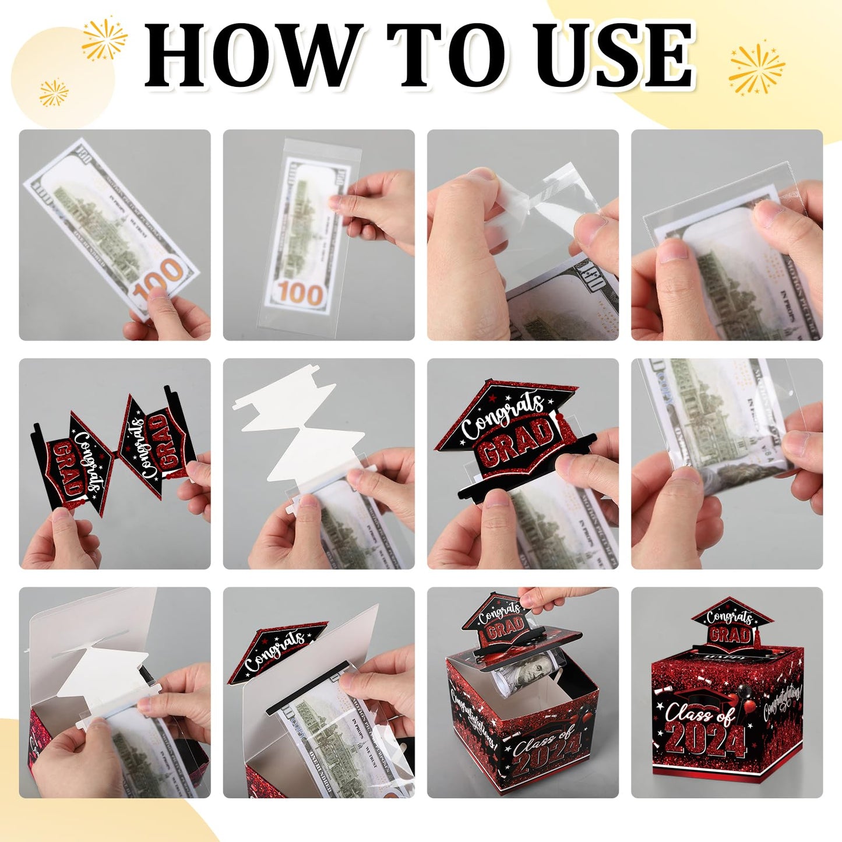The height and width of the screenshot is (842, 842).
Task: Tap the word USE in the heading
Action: [x=614, y=55]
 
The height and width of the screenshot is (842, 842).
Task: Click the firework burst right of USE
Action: [x=756, y=69]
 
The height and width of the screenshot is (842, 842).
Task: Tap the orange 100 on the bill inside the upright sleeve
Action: [x=300, y=293]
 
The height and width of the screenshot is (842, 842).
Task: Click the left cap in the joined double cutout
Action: [x=73, y=460]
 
